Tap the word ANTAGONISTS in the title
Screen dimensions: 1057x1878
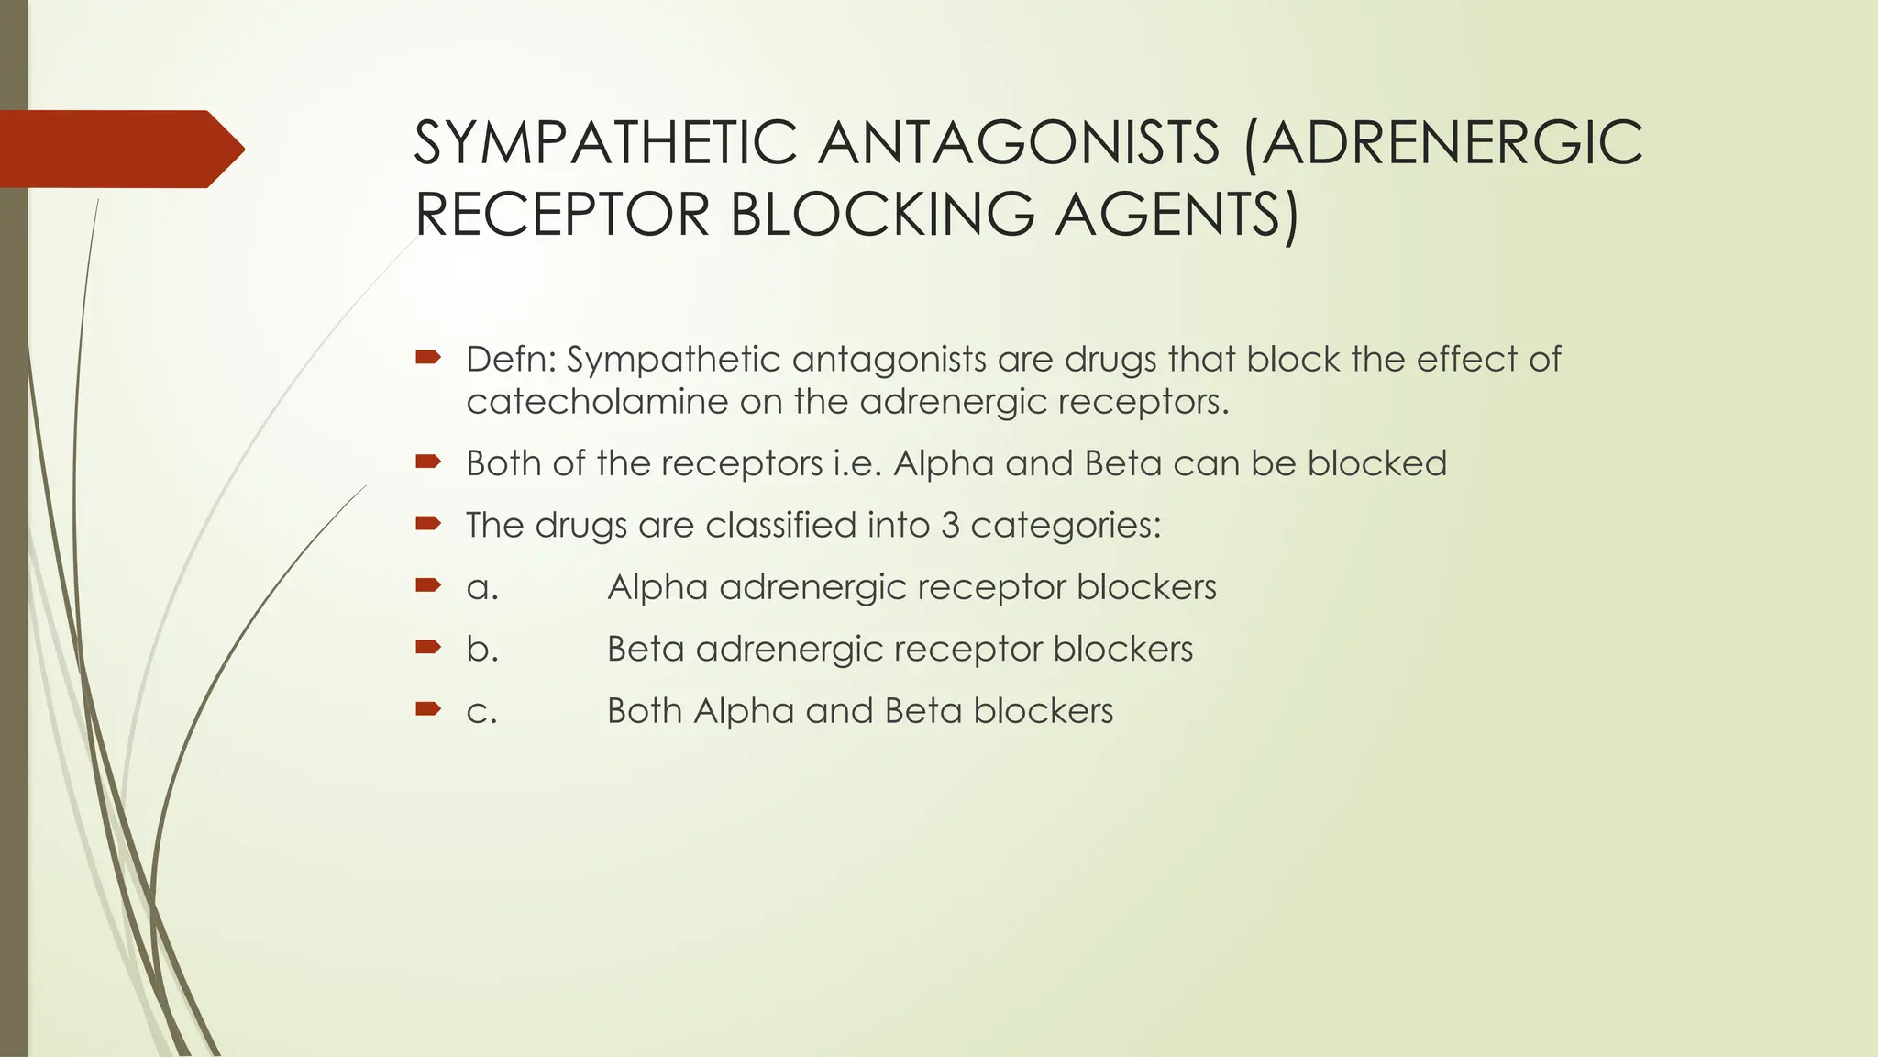click(x=1019, y=143)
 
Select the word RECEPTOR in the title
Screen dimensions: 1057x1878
click(x=562, y=215)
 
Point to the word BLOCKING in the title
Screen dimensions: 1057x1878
click(x=881, y=215)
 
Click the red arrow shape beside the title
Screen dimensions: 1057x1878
click(x=119, y=149)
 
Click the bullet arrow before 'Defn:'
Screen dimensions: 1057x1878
click(x=427, y=356)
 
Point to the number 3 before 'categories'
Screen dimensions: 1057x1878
click(x=949, y=525)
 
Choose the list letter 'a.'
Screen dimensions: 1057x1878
click(x=482, y=587)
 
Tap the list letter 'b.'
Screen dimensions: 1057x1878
click(x=482, y=649)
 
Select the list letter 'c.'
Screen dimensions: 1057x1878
click(x=482, y=711)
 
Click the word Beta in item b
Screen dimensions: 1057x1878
click(x=646, y=649)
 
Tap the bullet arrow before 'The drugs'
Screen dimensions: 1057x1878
click(x=427, y=524)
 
